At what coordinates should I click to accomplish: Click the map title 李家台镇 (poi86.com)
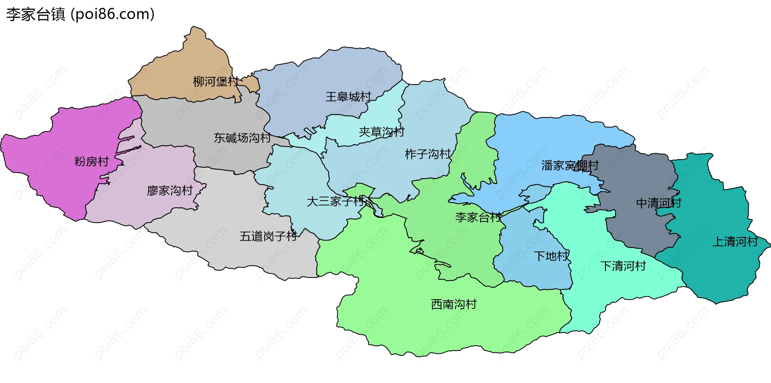tap(80, 14)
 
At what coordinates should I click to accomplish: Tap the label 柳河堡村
tap(216, 82)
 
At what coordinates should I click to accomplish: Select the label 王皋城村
tap(348, 97)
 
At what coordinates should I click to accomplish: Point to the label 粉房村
tap(92, 162)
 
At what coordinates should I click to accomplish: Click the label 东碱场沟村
tap(242, 138)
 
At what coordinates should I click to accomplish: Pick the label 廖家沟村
tap(170, 190)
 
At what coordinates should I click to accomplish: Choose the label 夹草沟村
tap(381, 132)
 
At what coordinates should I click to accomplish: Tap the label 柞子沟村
tap(428, 154)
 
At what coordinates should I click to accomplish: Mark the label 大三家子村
tap(335, 201)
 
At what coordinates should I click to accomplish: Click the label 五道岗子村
tap(268, 236)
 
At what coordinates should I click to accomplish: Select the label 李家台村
tap(478, 217)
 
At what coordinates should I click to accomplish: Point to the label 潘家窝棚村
tap(570, 165)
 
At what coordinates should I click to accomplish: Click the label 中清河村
tap(659, 203)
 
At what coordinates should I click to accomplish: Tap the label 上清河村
tap(735, 241)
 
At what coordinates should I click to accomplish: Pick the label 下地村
tap(551, 256)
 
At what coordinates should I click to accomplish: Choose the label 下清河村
tap(623, 266)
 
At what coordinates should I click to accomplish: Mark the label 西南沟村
tap(454, 304)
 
